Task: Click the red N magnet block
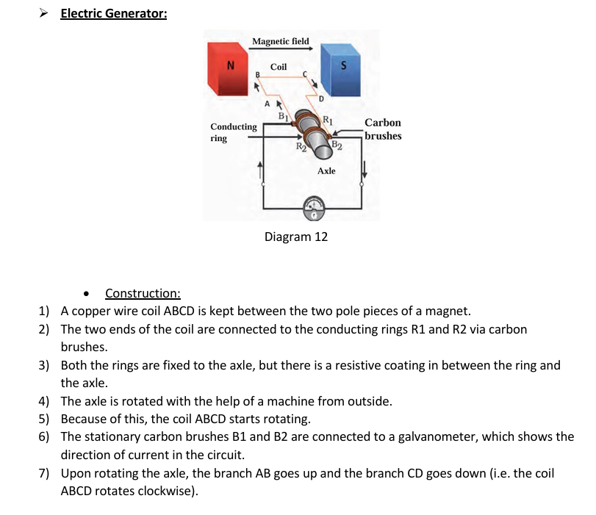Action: tap(228, 69)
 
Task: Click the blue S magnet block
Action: tap(340, 70)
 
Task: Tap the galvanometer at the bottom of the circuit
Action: tap(314, 209)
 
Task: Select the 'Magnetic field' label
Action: tap(281, 41)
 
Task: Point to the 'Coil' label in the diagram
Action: tap(279, 67)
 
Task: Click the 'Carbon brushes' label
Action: tap(383, 129)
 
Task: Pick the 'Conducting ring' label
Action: tap(234, 132)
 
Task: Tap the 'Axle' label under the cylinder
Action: tap(326, 171)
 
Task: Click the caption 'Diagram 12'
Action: tap(295, 237)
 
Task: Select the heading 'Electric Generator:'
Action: tap(114, 13)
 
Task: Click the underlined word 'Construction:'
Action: tap(143, 293)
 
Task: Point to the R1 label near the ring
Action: tap(328, 120)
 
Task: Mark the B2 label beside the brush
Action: tap(337, 145)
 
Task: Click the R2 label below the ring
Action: tap(301, 147)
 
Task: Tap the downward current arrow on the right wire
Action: tap(364, 169)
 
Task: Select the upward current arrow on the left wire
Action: tap(260, 170)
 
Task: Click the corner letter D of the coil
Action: tap(321, 99)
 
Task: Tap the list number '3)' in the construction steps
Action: tap(43, 365)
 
